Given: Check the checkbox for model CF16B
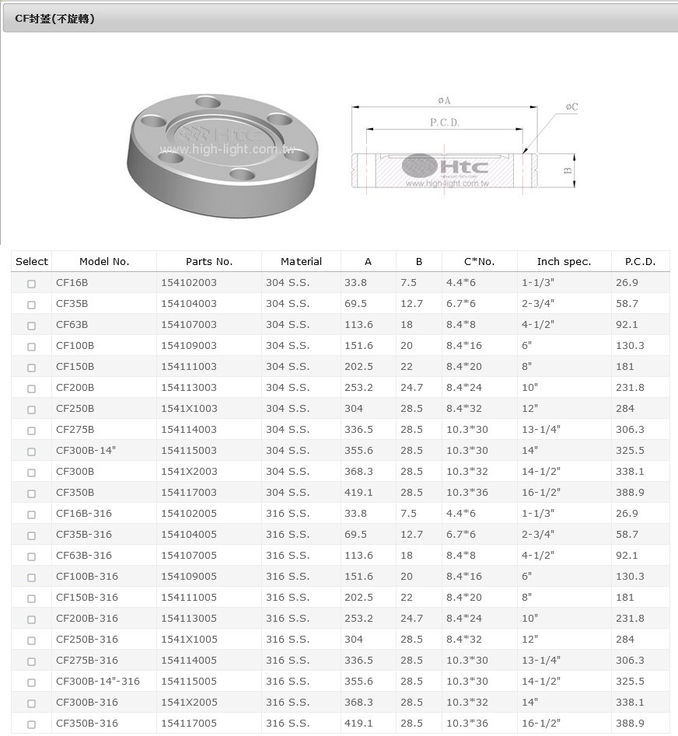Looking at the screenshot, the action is click(31, 284).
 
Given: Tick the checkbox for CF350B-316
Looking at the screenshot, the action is click(31, 724).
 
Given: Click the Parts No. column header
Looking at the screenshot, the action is click(209, 261).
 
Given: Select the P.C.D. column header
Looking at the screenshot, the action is click(640, 261).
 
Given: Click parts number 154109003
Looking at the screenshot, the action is click(189, 346).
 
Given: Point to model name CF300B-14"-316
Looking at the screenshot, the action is click(98, 681).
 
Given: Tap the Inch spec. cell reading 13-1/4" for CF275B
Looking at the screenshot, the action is click(541, 430).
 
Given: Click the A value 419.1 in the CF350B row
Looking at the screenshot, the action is click(358, 493).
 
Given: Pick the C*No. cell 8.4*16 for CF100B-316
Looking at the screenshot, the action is click(464, 577).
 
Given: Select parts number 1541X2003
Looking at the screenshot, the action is click(189, 471).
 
